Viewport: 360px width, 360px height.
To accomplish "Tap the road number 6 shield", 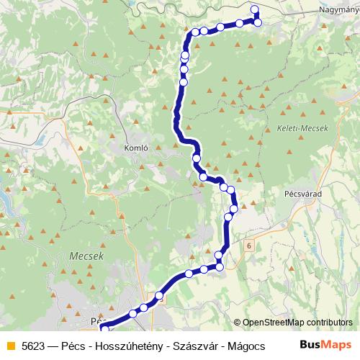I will [x=248, y=246].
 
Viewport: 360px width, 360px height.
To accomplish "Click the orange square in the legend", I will [x=10, y=346].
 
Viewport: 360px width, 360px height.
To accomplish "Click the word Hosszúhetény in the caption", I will [x=130, y=346].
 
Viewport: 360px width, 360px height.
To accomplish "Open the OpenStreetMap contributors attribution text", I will [x=297, y=323].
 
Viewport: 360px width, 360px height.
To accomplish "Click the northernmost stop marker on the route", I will [x=254, y=9].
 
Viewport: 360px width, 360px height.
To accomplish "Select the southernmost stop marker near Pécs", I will [x=104, y=328].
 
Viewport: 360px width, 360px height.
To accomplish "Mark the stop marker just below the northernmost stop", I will [x=258, y=22].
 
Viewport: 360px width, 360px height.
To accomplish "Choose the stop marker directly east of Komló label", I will [x=196, y=158].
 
